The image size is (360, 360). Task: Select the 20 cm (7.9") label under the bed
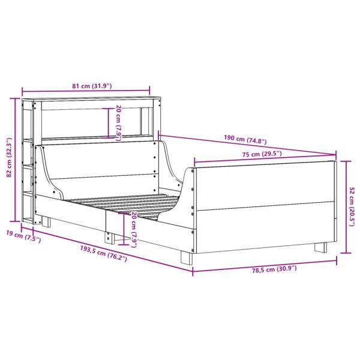(134, 230)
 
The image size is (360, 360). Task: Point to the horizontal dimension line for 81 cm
(90, 92)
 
